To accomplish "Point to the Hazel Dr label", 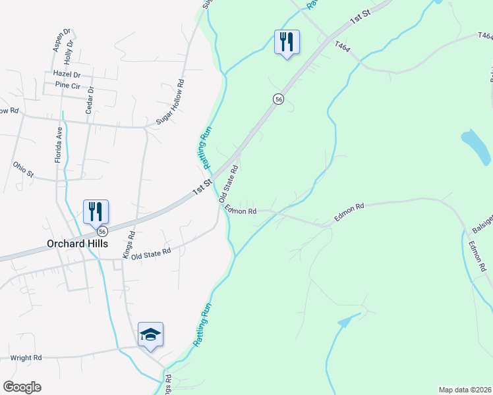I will [67, 75].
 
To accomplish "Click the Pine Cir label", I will [67, 85].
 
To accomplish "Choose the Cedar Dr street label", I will [90, 100].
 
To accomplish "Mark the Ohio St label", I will [23, 169].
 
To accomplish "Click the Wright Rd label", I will [26, 357].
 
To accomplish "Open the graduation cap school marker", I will [150, 334].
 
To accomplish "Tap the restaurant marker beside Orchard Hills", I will [96, 211].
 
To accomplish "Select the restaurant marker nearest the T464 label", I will [287, 42].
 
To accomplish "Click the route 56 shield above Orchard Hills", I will [102, 231].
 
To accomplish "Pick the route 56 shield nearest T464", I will [279, 99].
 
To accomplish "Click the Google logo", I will [22, 387].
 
